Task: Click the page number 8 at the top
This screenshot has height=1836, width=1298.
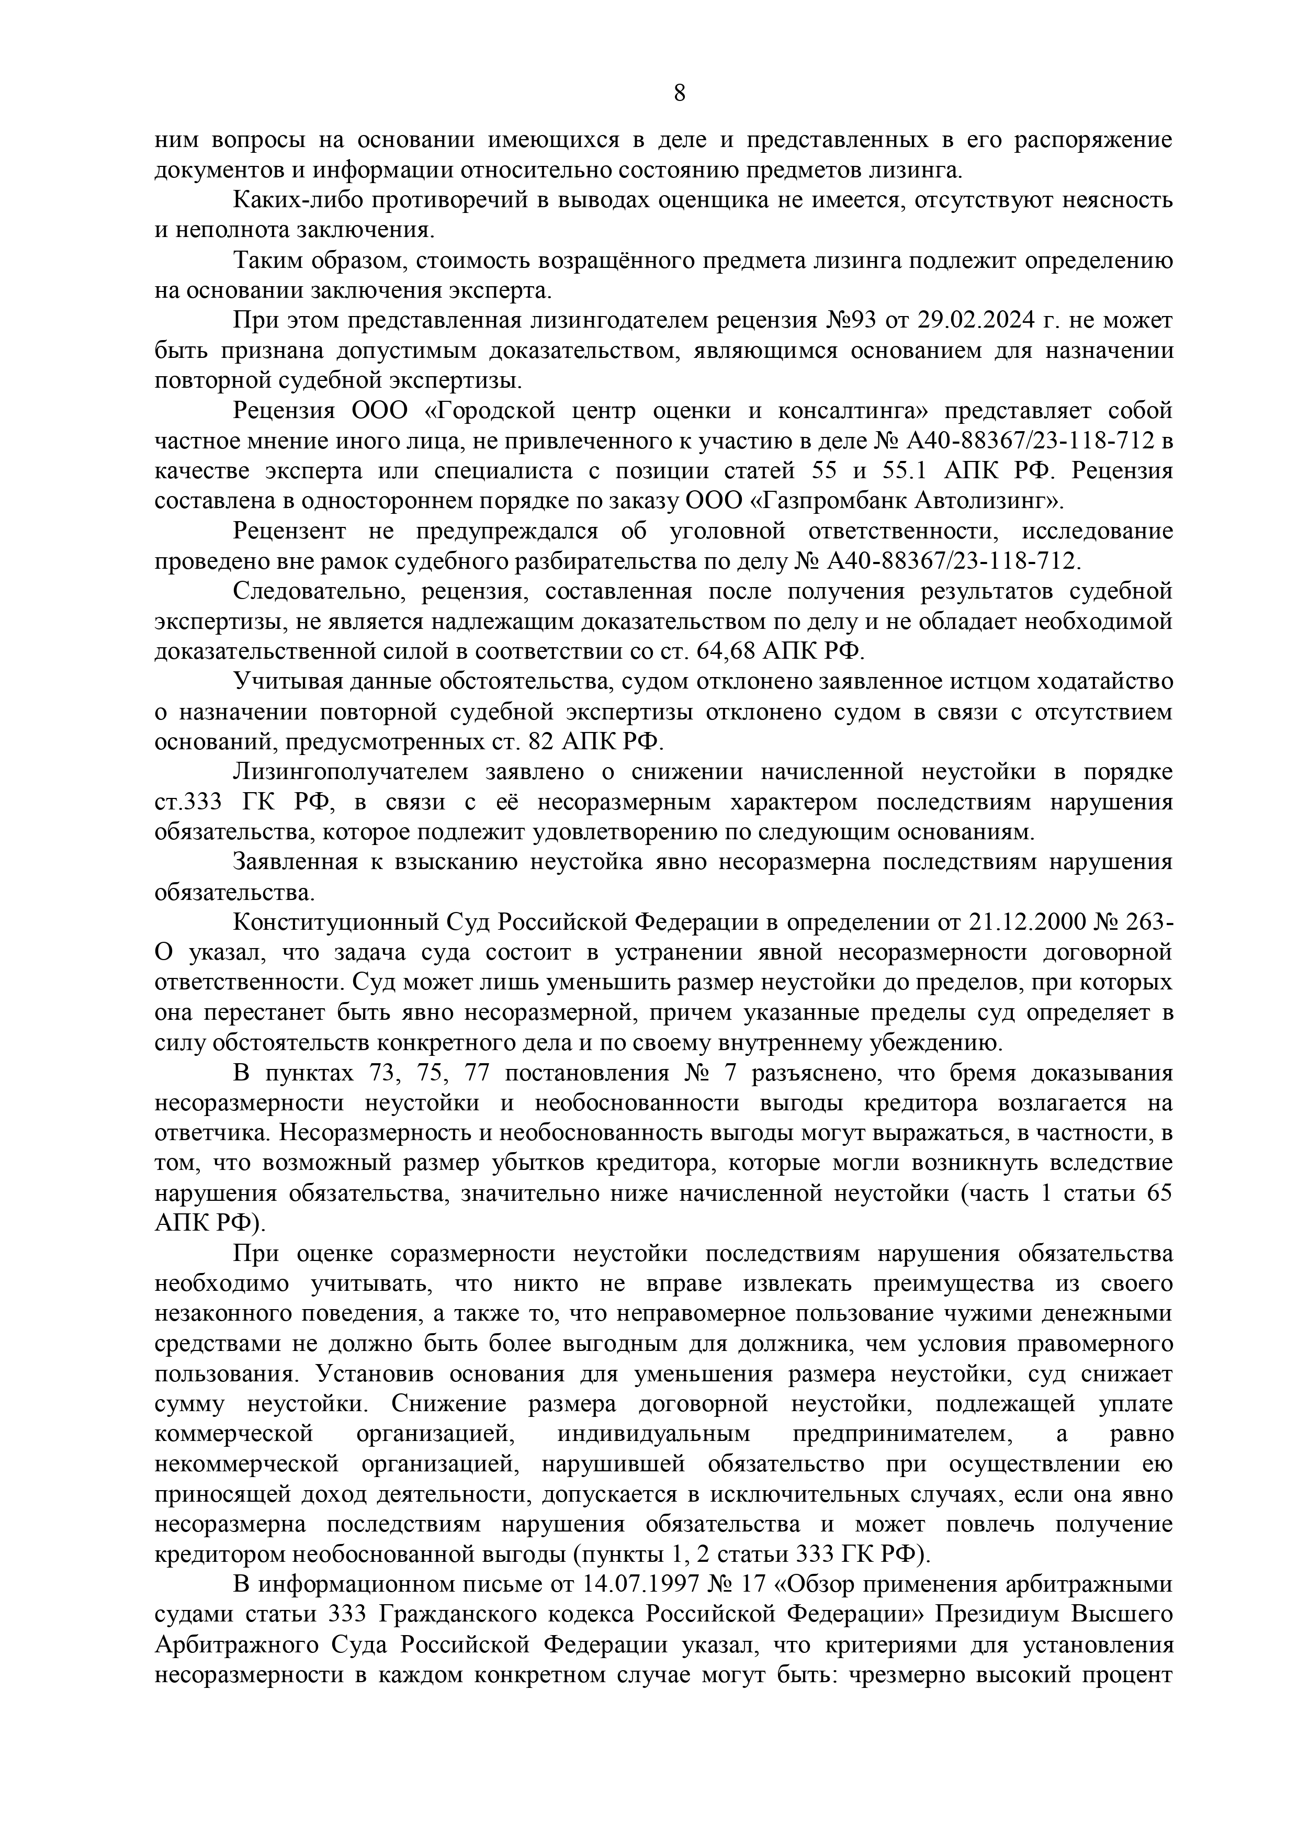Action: pyautogui.click(x=679, y=94)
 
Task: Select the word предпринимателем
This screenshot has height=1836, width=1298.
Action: pyautogui.click(x=902, y=1435)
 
